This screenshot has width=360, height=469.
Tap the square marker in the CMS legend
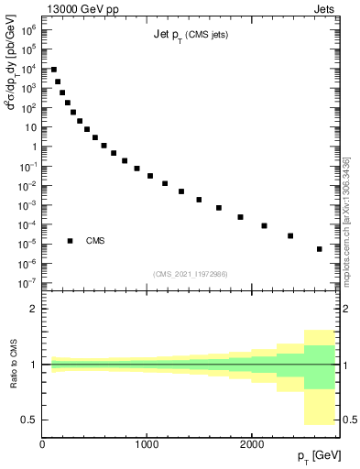pyautogui.click(x=71, y=241)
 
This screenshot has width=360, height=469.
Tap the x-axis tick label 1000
pyautogui.click(x=147, y=443)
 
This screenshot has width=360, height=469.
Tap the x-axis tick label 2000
pyautogui.click(x=252, y=443)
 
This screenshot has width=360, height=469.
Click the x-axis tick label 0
pyautogui.click(x=42, y=443)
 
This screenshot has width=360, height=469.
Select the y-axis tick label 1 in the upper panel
pyautogui.click(x=33, y=147)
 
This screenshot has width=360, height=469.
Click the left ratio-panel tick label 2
pyautogui.click(x=34, y=309)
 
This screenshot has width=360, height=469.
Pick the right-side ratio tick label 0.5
pyautogui.click(x=349, y=419)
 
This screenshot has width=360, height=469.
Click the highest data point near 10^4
pyautogui.click(x=54, y=70)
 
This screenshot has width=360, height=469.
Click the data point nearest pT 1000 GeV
pyautogui.click(x=150, y=176)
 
